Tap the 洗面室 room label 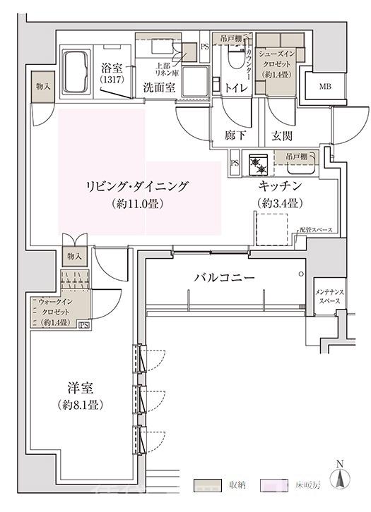pyautogui.click(x=159, y=88)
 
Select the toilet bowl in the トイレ pyautogui.click(x=232, y=67)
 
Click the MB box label pyautogui.click(x=325, y=87)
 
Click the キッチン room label pyautogui.click(x=281, y=187)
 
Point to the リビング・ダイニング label pyautogui.click(x=137, y=187)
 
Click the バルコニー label pyautogui.click(x=225, y=278)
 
